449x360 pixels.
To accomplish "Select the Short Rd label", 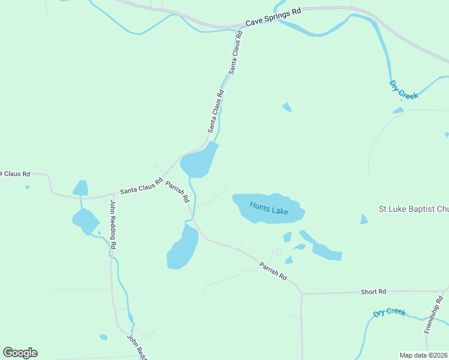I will (373, 292).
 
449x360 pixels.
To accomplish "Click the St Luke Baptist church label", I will (413, 209).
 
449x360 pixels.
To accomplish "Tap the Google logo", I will (20, 353).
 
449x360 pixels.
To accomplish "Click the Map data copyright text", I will (424, 355).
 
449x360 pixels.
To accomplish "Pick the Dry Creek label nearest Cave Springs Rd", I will (403, 89).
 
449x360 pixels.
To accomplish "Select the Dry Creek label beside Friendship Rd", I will (389, 312).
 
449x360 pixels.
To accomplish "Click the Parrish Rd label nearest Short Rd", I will (273, 271).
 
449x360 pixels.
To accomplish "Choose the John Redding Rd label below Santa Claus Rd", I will (112, 224).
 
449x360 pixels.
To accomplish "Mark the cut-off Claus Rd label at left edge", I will (15, 174).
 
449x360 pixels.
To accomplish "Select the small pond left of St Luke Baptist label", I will (363, 220).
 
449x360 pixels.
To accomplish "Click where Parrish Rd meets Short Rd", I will (302, 294).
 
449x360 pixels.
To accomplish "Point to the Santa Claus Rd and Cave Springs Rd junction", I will (243, 26).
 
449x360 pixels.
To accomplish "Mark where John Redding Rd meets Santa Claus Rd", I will (112, 194).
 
